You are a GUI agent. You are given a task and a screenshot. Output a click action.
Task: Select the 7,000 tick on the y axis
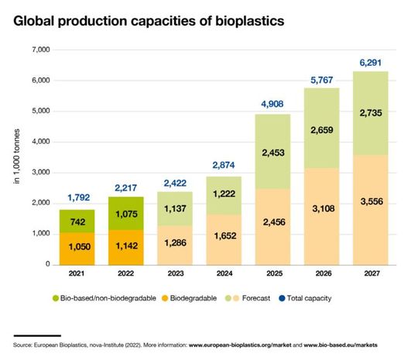[39, 50]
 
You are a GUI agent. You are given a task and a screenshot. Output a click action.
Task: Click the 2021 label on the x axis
[77, 274]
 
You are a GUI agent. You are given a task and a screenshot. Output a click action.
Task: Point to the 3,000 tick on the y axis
[39, 173]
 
